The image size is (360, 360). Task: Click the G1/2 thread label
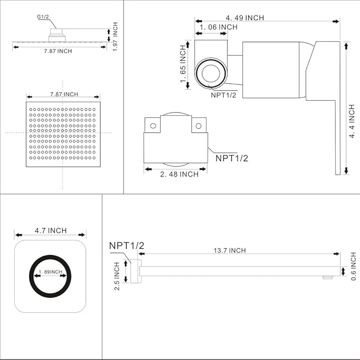43,17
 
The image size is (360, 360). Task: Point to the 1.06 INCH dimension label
218,27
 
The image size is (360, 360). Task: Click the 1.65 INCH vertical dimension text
183,64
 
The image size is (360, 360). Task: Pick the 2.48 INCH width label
180,174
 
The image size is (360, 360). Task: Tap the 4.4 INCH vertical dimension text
352,121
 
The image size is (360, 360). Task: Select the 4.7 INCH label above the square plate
50,231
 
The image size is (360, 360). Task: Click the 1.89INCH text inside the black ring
50,272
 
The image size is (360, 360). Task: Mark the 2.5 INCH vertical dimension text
118,275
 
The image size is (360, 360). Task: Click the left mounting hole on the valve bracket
153,126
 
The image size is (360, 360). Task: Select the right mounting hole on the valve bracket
198,126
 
